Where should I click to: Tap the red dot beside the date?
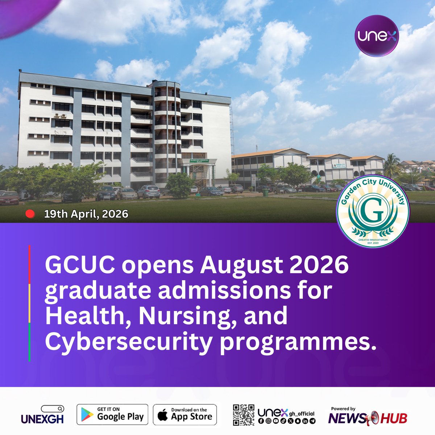[x=30, y=214]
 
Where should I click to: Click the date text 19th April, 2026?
[x=86, y=214]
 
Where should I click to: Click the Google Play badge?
[x=112, y=414]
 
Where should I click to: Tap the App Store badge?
[x=185, y=414]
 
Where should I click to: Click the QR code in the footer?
[x=243, y=415]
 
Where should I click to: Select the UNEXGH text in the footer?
[x=42, y=419]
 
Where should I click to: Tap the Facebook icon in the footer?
[x=261, y=421]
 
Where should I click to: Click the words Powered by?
[x=343, y=409]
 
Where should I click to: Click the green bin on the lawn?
[x=265, y=192]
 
